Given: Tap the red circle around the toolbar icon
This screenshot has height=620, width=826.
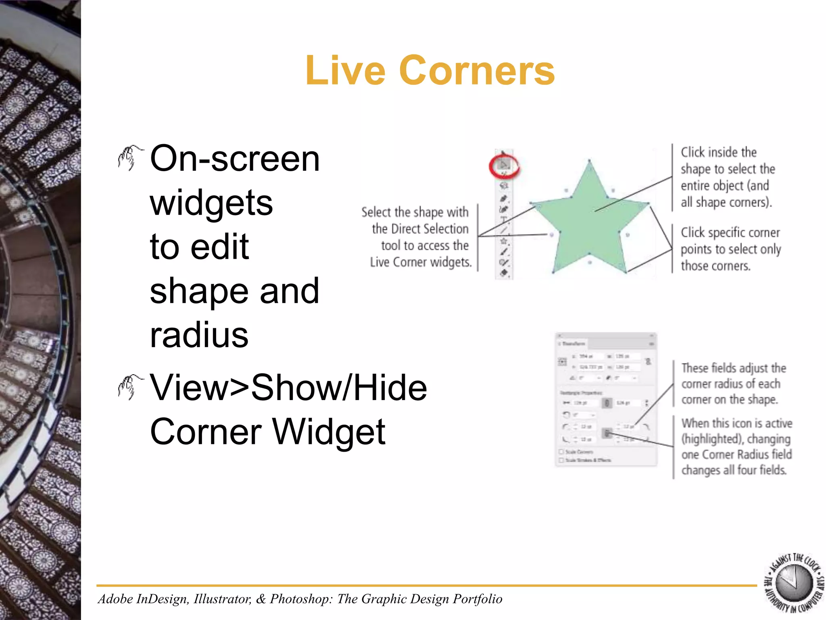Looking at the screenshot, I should pos(504,166).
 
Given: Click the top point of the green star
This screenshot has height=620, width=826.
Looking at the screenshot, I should pos(589,161).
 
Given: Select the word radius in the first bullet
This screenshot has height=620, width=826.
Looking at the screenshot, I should pos(199,335).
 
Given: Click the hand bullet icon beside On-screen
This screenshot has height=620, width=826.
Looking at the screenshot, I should pos(130,158).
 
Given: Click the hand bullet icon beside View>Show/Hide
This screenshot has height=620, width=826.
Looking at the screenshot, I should pos(130,387).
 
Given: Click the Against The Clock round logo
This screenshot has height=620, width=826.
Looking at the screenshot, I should pos(794,583).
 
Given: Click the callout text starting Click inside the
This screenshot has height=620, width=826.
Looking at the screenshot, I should pos(727,177).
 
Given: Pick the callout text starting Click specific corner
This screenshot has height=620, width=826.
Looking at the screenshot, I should pos(730,249).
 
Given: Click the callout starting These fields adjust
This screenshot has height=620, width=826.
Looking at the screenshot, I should pos(733,383).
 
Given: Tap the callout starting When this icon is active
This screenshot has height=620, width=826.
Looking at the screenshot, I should pos(736,446).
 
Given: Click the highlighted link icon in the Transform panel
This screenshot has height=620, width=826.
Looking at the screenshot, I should pos(607,434).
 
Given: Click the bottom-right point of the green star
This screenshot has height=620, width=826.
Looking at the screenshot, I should pos(626,272).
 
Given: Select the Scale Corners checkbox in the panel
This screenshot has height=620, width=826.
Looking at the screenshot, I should pos(561,452).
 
